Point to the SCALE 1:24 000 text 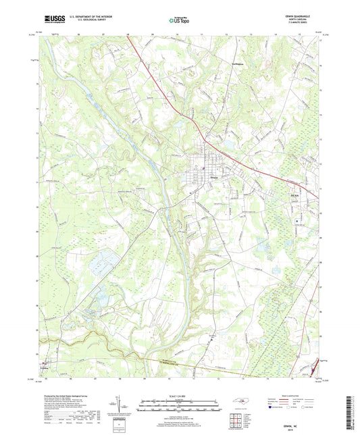point(178,395)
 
